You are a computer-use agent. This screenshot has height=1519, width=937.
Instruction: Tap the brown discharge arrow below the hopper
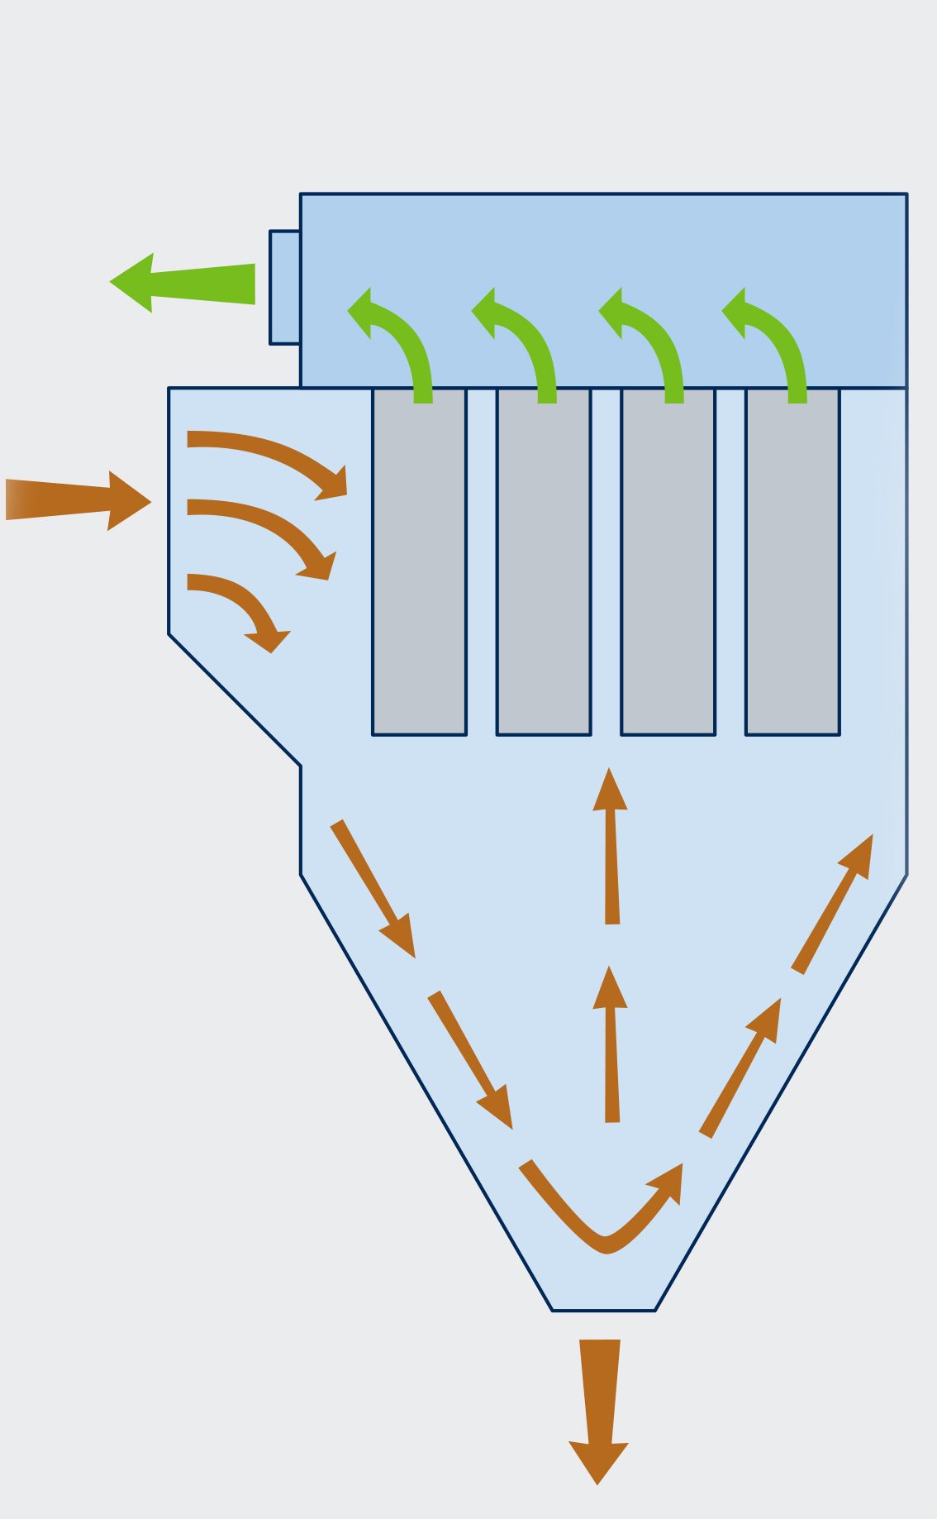point(599,1406)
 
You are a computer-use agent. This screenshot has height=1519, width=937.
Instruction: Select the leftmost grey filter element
point(419,562)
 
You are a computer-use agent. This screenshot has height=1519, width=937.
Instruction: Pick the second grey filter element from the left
point(544,562)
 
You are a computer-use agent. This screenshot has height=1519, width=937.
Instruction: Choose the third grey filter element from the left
point(668,562)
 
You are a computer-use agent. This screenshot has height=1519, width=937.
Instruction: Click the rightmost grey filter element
point(792,562)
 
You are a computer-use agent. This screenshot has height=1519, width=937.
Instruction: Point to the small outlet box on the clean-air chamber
point(285,287)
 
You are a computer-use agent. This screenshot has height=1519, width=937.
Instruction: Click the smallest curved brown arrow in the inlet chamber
point(240,604)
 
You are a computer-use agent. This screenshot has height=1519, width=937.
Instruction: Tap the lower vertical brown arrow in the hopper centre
point(611,1046)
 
